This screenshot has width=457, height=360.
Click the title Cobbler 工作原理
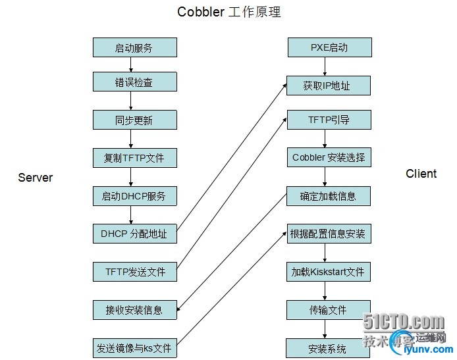(228, 12)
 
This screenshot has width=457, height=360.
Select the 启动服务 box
(135, 47)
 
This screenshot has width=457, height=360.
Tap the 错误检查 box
(135, 82)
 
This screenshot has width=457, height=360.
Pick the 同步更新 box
(135, 120)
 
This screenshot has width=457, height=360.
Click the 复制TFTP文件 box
(135, 158)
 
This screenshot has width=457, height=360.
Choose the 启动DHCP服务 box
(135, 196)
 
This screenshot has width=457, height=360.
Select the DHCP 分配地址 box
(135, 234)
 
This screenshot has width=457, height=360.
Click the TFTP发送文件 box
(135, 272)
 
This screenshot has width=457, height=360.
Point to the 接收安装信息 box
(135, 310)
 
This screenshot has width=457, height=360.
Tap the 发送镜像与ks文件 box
(135, 347)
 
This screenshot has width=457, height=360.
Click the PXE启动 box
(330, 47)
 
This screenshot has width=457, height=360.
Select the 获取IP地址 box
(329, 86)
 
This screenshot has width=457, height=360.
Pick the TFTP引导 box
(329, 120)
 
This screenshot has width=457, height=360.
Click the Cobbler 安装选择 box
(329, 157)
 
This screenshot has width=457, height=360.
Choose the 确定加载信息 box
(329, 196)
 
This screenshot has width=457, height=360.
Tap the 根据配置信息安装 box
(329, 234)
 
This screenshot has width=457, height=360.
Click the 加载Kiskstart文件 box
(329, 272)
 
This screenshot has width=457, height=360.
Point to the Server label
(36, 178)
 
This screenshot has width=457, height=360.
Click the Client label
(421, 174)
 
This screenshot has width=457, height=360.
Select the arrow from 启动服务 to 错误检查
(131, 64)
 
